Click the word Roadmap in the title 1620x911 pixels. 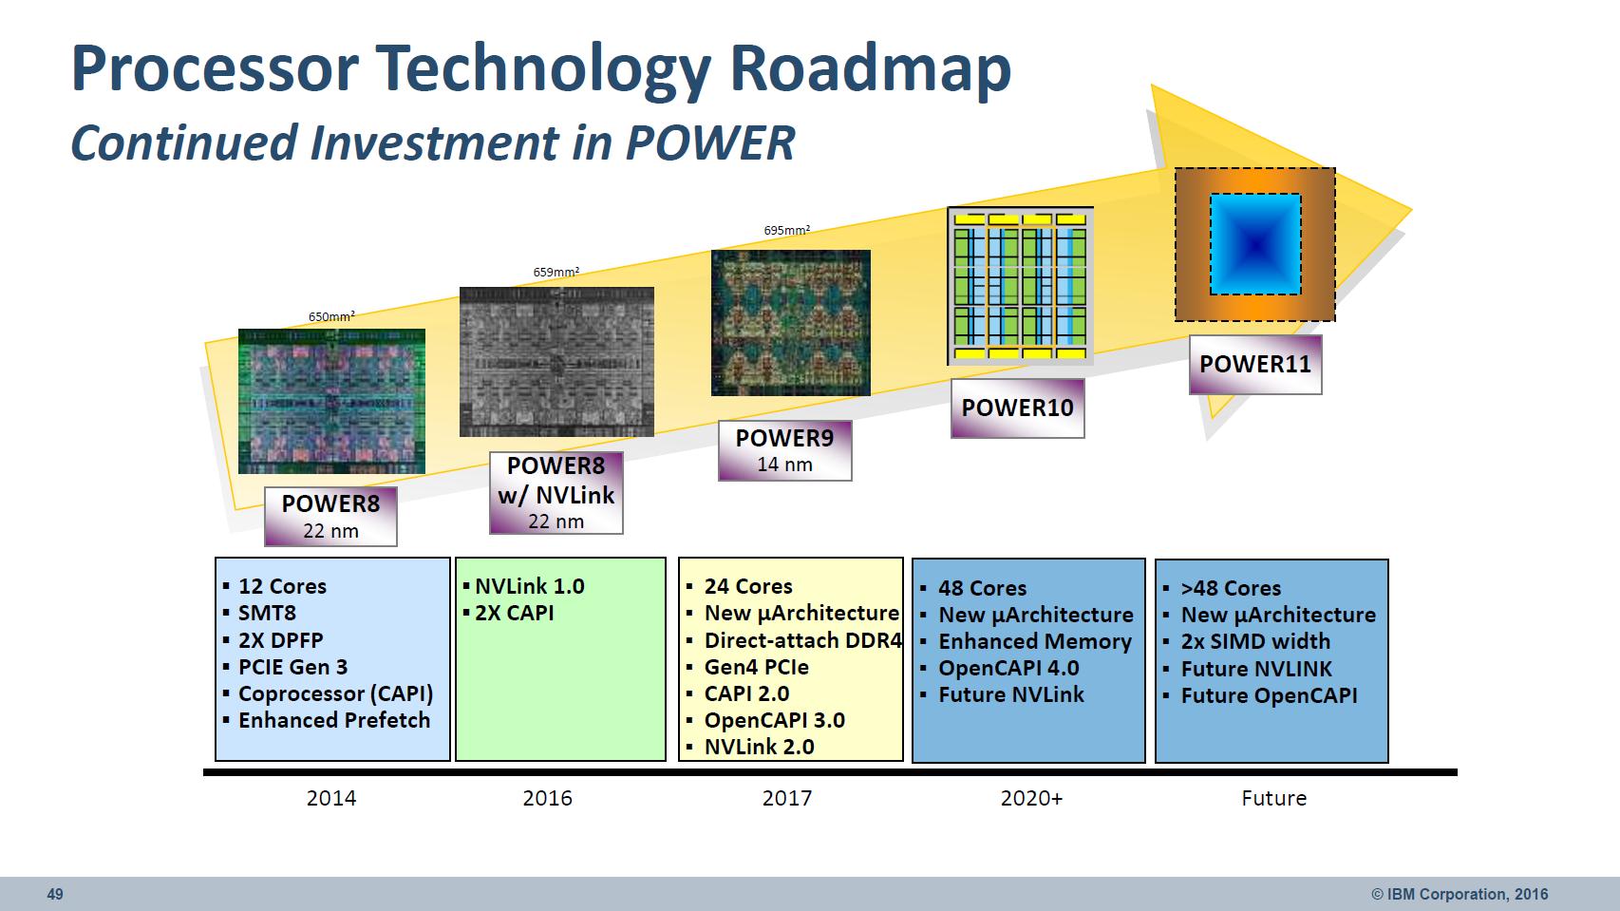(x=870, y=68)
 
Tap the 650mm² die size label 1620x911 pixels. (x=332, y=316)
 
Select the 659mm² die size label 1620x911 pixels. (x=556, y=272)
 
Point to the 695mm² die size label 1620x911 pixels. (x=787, y=230)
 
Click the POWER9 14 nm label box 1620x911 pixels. (x=784, y=450)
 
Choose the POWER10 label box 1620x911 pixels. (x=1018, y=408)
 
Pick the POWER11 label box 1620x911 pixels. (x=1255, y=364)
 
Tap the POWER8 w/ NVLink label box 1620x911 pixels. (x=556, y=493)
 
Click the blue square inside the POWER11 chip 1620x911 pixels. (x=1255, y=244)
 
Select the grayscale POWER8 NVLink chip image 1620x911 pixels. (x=556, y=362)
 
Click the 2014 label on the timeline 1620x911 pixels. (x=331, y=798)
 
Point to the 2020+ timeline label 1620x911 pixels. (x=1031, y=798)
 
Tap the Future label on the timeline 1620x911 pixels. (x=1273, y=798)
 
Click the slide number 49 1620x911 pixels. (x=55, y=894)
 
